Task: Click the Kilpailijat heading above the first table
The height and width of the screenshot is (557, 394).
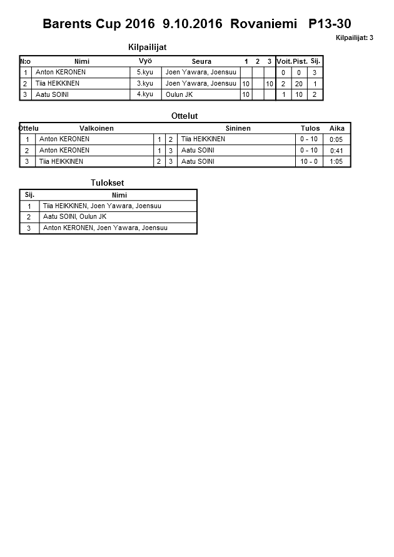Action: (x=147, y=48)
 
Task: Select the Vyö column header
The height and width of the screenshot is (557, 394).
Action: (x=145, y=61)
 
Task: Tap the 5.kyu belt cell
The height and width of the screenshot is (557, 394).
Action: (x=144, y=73)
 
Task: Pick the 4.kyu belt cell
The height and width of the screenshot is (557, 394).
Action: (x=144, y=94)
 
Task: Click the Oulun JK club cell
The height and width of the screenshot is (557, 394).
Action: (x=179, y=94)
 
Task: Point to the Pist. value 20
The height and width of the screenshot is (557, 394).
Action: (x=299, y=84)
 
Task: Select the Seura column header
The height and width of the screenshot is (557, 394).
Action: (x=201, y=61)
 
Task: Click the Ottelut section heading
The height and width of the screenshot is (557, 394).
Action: (x=184, y=116)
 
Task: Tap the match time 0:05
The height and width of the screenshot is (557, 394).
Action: (x=336, y=139)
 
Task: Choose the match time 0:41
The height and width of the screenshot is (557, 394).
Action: (x=336, y=151)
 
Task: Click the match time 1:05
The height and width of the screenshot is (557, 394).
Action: (x=336, y=161)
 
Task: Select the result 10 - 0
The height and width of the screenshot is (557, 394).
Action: (x=309, y=161)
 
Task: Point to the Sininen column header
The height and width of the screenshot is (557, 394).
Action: (x=238, y=128)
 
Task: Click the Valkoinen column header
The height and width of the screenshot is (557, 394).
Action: (x=96, y=128)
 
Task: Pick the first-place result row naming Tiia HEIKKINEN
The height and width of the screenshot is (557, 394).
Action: (x=104, y=206)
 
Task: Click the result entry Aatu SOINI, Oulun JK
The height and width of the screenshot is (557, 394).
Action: (x=74, y=217)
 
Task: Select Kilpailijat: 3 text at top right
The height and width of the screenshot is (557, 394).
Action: (x=355, y=38)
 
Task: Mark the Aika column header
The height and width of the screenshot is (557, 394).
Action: (x=337, y=128)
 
